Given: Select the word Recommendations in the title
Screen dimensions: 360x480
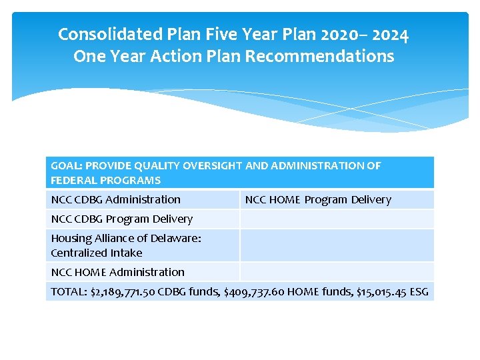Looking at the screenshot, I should pos(319,57).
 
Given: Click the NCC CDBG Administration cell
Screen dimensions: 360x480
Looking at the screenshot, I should pos(115,199).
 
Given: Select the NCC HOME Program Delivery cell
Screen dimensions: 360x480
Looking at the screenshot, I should pos(318,199).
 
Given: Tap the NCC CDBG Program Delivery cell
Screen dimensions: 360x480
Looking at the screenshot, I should pos(121,219).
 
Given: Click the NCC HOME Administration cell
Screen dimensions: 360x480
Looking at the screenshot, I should pos(117,272).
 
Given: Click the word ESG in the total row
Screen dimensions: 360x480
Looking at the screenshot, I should pos(420,291).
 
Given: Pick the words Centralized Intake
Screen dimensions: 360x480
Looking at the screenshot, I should pos(97,253).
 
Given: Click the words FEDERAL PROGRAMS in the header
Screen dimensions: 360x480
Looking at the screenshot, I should pos(105,180).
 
